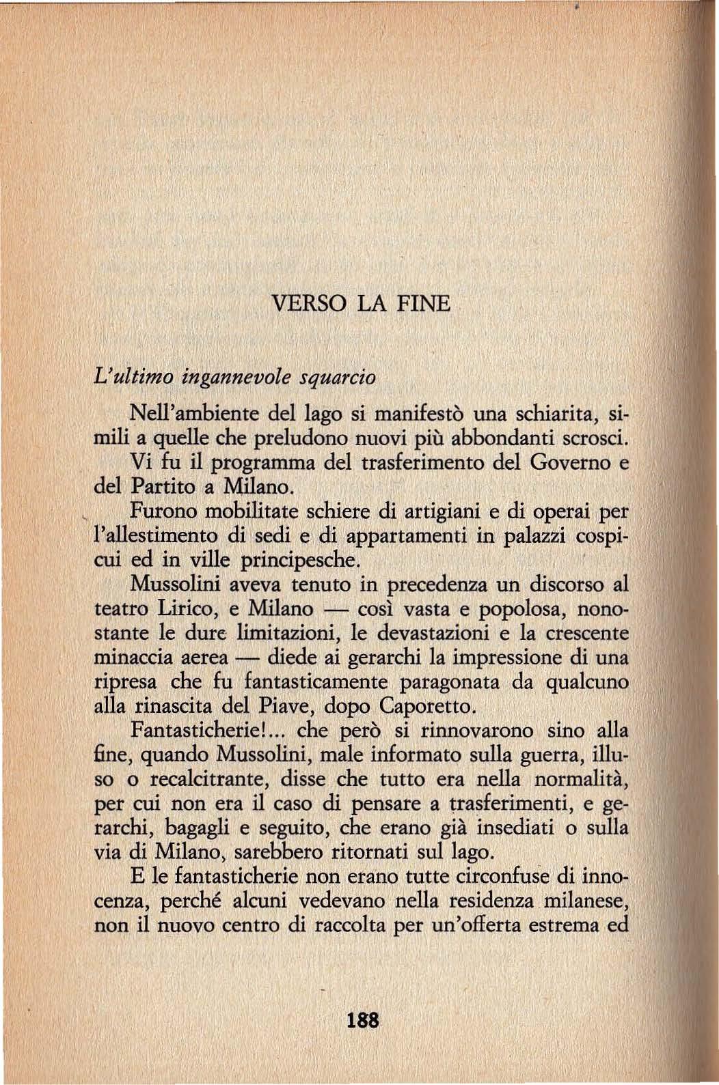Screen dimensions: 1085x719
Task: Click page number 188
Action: (x=362, y=1021)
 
